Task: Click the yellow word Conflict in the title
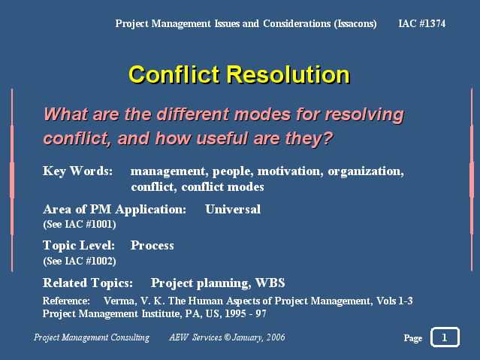pyautogui.click(x=174, y=74)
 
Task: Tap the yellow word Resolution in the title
pyautogui.click(x=288, y=74)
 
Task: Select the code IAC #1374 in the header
pyautogui.click(x=422, y=23)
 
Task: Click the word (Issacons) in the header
pyautogui.click(x=355, y=23)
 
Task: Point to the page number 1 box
pyautogui.click(x=445, y=337)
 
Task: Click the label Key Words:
pyautogui.click(x=78, y=171)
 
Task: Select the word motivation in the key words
pyautogui.click(x=290, y=171)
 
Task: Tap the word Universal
pyautogui.click(x=233, y=209)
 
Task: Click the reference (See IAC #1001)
pyautogui.click(x=80, y=224)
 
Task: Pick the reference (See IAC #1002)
pyautogui.click(x=80, y=261)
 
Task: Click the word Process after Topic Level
pyautogui.click(x=152, y=246)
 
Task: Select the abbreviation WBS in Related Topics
pyautogui.click(x=270, y=283)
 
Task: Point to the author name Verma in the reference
pyautogui.click(x=120, y=301)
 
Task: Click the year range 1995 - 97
pyautogui.click(x=246, y=313)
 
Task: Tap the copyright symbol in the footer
pyautogui.click(x=227, y=337)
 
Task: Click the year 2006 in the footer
pyautogui.click(x=276, y=337)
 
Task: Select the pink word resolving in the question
pyautogui.click(x=364, y=115)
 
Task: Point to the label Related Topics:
pyautogui.click(x=88, y=283)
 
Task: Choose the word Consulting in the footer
pyautogui.click(x=130, y=337)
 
